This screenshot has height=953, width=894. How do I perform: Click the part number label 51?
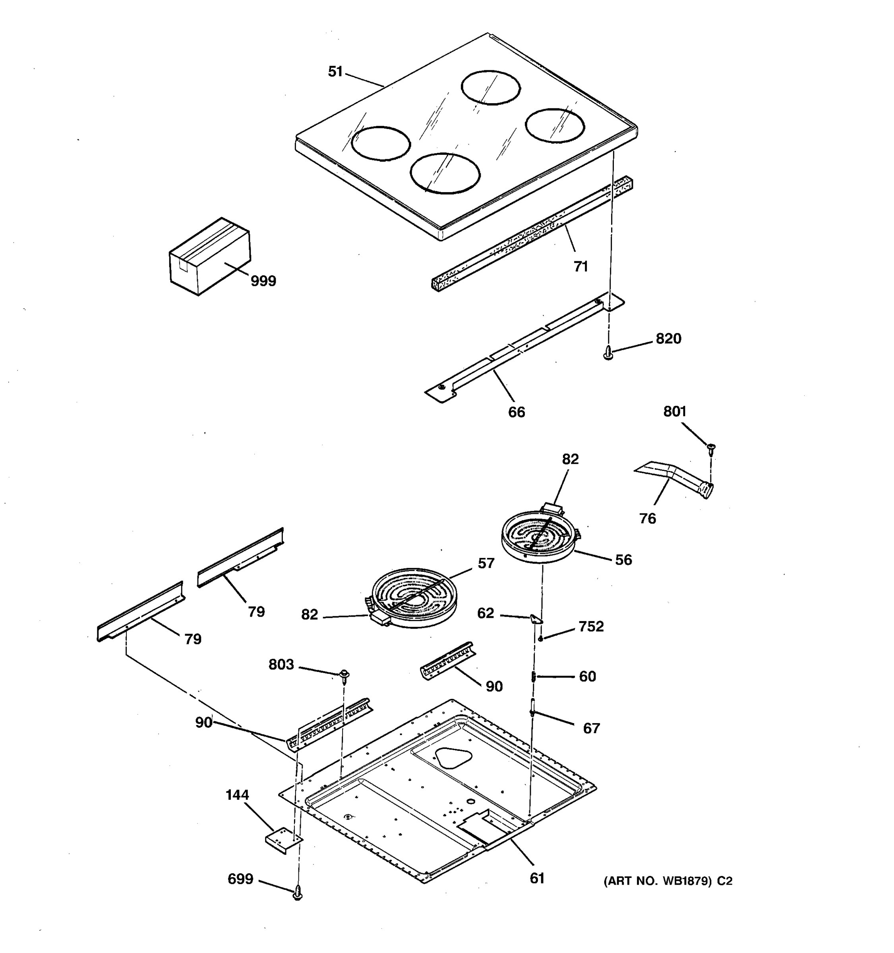(x=335, y=72)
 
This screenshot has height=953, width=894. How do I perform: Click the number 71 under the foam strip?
(x=581, y=266)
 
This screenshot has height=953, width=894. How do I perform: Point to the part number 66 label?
(x=517, y=412)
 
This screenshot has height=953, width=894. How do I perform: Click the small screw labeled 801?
(x=711, y=448)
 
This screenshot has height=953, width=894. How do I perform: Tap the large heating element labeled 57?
(x=415, y=597)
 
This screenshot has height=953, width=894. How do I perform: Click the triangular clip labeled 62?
(x=536, y=619)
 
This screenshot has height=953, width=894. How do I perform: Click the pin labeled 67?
(x=533, y=706)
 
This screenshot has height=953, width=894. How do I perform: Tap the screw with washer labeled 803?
(x=344, y=675)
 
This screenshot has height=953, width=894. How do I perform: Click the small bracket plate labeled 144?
(x=283, y=842)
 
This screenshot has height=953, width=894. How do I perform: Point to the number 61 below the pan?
(x=537, y=878)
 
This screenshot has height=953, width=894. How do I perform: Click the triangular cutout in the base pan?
(x=453, y=757)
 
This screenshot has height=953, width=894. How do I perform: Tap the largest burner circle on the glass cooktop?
(x=445, y=173)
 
